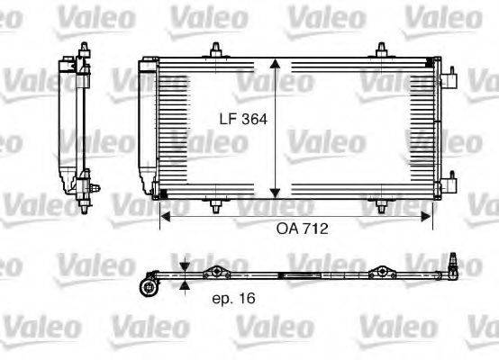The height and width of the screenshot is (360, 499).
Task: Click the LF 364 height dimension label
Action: [x=242, y=118]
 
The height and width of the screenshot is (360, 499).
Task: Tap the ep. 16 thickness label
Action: [x=233, y=300]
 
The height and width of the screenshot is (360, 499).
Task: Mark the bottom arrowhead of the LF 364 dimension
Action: [x=276, y=195]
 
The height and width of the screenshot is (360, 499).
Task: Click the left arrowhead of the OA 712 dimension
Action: [x=164, y=216]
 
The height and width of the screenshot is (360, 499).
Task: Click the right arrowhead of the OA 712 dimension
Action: [x=428, y=216]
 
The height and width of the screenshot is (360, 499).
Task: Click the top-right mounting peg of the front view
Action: [x=384, y=52]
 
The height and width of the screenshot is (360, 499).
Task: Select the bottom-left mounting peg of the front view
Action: [x=215, y=206]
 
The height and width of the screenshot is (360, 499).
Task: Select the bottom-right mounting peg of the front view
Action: [x=384, y=206]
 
